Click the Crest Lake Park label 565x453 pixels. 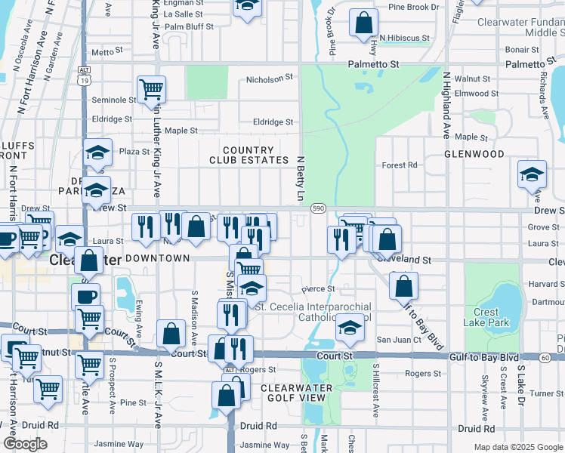coord(486,317)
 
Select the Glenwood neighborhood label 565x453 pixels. coord(474,154)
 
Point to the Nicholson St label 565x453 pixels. coord(270,79)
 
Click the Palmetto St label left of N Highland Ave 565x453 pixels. coord(373,65)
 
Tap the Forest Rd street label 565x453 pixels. coord(400,165)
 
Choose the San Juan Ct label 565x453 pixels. coord(398,340)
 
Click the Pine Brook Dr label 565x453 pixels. coord(413,7)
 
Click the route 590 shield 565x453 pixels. coord(318,208)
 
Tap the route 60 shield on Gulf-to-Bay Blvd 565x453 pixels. coord(545,356)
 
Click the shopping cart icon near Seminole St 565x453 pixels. coord(151,89)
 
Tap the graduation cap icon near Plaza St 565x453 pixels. coord(97,153)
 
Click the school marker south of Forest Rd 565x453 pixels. coord(532,174)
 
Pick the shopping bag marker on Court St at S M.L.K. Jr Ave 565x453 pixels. coord(171,332)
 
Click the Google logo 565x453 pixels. coord(25,444)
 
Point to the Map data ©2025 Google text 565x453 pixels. coord(517,447)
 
